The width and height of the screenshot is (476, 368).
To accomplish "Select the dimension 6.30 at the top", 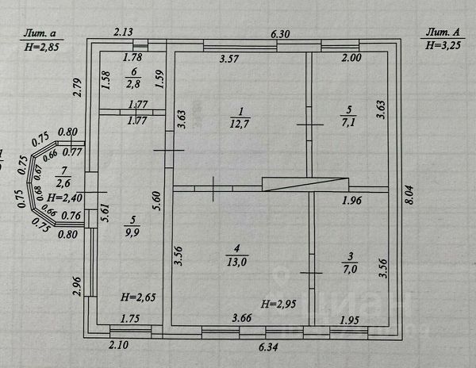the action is (x=282, y=33).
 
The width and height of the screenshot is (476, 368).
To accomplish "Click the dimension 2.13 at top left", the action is (x=123, y=33).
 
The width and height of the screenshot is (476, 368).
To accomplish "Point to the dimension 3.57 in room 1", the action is (x=230, y=59).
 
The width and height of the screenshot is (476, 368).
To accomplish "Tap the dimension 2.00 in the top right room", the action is (x=352, y=59).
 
